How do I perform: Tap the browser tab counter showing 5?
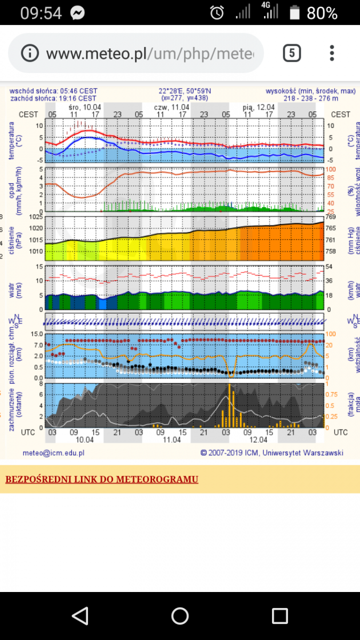click(292, 53)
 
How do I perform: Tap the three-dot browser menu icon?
click(332, 53)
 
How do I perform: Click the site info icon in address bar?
click(30, 53)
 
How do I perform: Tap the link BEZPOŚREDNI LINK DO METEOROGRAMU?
click(101, 479)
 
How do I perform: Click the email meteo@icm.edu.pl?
click(53, 453)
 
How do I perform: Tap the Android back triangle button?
click(80, 616)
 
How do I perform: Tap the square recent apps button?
click(279, 616)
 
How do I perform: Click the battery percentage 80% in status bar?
click(322, 13)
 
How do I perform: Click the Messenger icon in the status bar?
click(78, 13)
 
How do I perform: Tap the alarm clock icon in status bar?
click(217, 12)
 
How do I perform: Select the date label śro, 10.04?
click(85, 107)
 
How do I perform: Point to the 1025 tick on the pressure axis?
click(36, 217)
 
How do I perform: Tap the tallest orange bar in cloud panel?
click(229, 405)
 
